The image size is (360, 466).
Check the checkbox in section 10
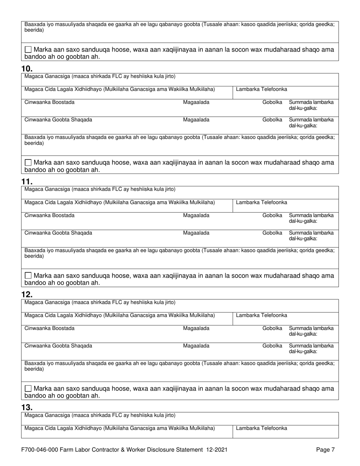(x=28, y=163)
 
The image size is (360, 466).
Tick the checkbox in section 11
(x=28, y=275)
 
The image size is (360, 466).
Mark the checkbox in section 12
(x=28, y=388)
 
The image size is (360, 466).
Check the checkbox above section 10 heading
(x=28, y=50)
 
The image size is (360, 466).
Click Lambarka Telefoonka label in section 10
(x=261, y=89)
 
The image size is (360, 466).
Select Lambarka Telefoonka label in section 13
(x=261, y=428)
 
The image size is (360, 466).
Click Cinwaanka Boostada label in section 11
(x=50, y=216)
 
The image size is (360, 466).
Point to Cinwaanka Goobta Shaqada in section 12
(x=58, y=346)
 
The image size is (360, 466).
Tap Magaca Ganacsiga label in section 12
(x=100, y=302)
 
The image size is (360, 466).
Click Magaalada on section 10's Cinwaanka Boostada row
(x=196, y=102)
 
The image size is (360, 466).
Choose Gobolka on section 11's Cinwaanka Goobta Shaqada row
(x=272, y=233)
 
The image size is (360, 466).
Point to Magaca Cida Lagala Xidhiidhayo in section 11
(x=120, y=202)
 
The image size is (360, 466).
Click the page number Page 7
(x=325, y=450)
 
